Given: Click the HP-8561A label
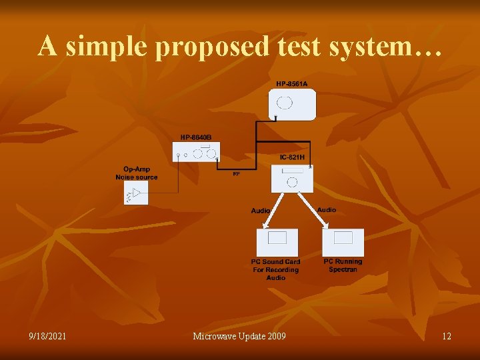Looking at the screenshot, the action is (x=292, y=83).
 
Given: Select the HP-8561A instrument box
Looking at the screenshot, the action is (x=292, y=105).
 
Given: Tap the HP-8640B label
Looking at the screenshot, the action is (x=195, y=137).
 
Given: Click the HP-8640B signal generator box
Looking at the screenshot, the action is (x=197, y=153).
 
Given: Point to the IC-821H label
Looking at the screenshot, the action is (x=292, y=157).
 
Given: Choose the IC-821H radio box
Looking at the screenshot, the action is (x=292, y=178).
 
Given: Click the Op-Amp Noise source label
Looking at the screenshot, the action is (x=137, y=173).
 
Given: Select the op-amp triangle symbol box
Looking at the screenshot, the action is (x=136, y=193).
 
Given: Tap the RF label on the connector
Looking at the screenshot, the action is (x=236, y=174).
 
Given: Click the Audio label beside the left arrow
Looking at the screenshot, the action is (x=261, y=211).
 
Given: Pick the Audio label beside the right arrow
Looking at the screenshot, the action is (x=327, y=210).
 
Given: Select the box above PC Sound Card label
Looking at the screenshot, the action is (x=277, y=242).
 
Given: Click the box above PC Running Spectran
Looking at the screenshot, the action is (x=343, y=242).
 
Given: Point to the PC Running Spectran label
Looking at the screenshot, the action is (x=343, y=265).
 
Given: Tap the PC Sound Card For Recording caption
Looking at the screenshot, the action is (x=276, y=269).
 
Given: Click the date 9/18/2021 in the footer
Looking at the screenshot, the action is (x=47, y=336).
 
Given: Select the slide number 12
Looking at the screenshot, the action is (x=446, y=336).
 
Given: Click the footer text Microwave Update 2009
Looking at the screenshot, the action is (x=239, y=336).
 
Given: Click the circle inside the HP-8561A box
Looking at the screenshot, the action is (x=285, y=103).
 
